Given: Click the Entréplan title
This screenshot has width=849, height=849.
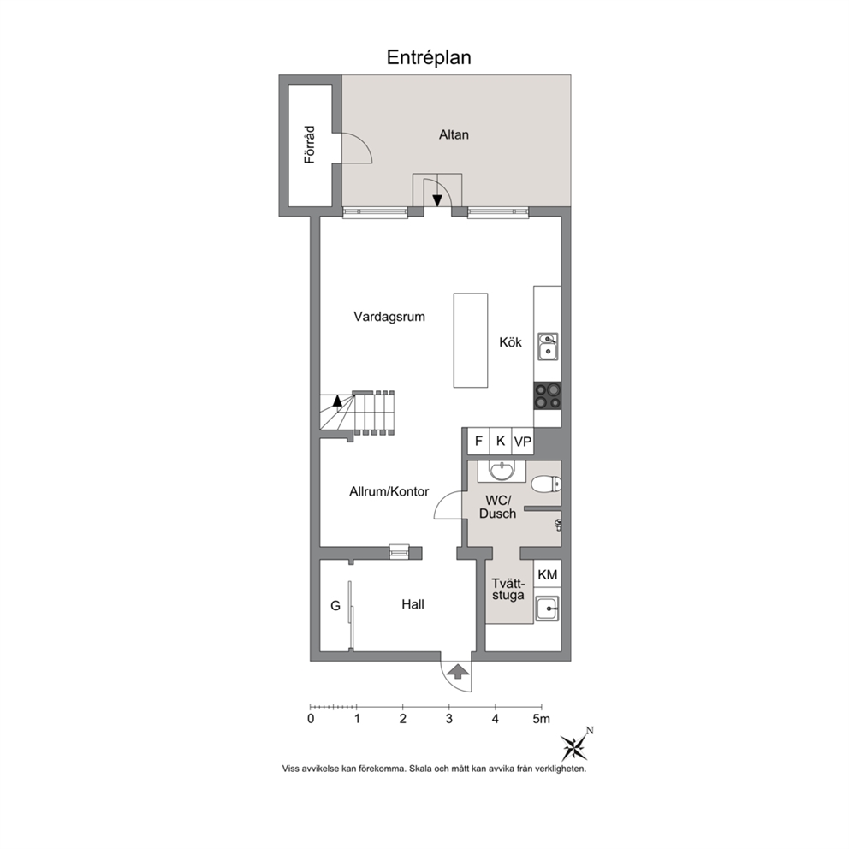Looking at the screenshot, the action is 428,57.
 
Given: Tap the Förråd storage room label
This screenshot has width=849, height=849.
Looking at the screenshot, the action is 309,145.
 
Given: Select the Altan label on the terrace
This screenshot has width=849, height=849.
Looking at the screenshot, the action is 454,134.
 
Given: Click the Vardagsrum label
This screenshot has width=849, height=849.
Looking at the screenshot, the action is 389,316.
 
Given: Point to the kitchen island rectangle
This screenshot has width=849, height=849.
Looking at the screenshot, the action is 471,341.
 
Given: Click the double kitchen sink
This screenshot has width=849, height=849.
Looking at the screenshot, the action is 548,347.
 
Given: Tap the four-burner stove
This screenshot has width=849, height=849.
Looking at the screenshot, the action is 548,395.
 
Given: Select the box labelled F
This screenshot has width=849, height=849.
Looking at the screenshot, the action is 478,441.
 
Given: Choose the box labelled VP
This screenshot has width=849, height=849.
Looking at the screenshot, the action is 523,442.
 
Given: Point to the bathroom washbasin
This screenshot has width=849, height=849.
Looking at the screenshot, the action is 502,471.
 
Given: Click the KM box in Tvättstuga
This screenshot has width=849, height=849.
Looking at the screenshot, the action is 548,574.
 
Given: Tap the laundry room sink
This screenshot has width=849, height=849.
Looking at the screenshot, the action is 548,609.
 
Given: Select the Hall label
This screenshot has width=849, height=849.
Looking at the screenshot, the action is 413,604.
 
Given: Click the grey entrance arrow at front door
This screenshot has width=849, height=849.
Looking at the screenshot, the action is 459,671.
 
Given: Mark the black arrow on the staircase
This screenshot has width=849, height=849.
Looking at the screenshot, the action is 337,401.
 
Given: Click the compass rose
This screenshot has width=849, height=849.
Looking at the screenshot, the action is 574,747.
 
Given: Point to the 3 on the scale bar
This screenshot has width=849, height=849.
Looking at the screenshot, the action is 448,719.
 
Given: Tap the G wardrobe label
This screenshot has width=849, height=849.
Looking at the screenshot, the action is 335,605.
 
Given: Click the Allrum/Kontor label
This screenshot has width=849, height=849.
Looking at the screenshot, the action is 389,491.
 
